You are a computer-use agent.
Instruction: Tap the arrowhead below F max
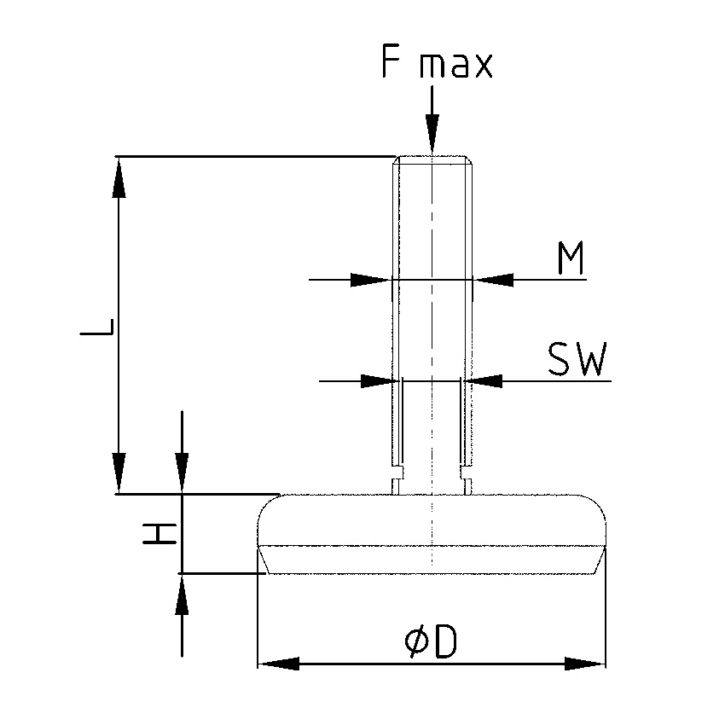432,137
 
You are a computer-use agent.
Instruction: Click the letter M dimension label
571,259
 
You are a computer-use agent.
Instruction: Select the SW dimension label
577,361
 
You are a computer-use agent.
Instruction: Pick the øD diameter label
431,642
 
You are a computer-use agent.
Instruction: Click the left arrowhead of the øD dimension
277,664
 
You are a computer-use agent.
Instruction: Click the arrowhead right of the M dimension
493,279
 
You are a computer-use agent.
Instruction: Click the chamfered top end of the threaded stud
432,159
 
